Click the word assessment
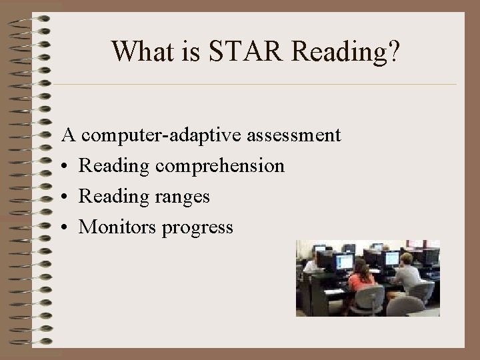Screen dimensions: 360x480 (x=294, y=135)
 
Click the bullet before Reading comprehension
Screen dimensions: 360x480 (x=67, y=166)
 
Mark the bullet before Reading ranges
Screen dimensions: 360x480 (x=67, y=197)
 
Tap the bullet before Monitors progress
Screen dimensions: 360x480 (x=67, y=227)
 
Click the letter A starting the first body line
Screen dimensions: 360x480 (x=68, y=135)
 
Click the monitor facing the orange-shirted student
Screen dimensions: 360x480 (x=345, y=261)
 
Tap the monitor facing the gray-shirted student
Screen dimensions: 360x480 (x=391, y=258)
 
